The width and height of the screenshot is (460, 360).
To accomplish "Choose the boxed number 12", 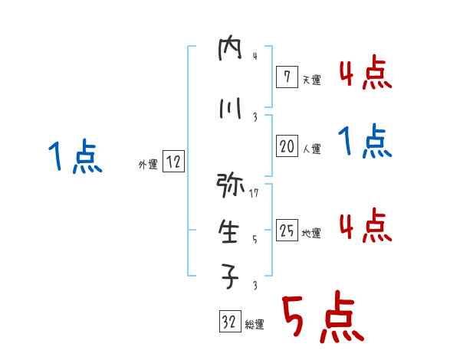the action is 173,162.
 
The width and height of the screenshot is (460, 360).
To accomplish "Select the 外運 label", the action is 147,164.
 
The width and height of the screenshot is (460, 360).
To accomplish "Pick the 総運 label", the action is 254,325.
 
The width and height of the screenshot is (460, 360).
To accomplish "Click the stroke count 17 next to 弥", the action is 255,193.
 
